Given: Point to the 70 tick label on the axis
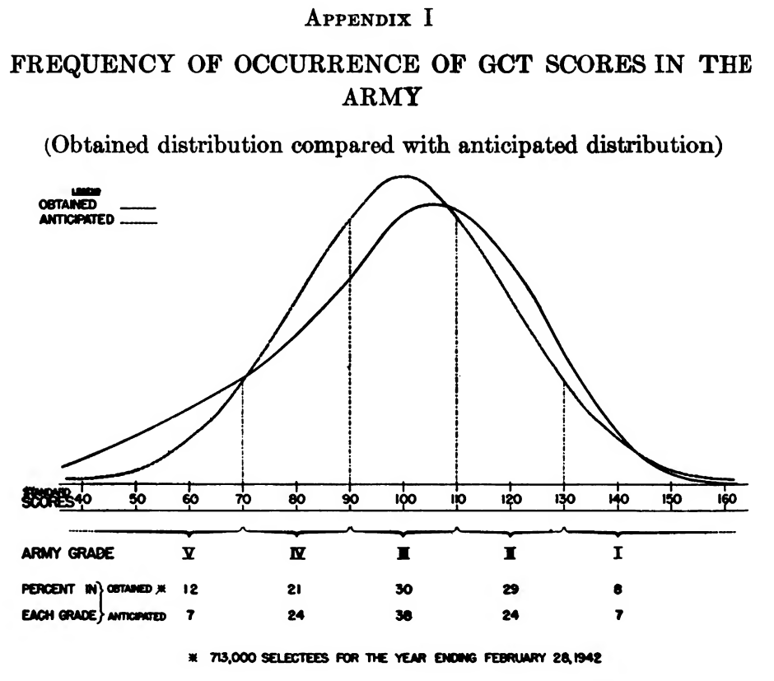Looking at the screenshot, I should coord(243,498).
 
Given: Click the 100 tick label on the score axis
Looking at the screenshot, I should coord(403,498).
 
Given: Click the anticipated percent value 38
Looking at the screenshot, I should coord(403,614).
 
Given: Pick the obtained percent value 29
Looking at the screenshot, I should coord(510,591).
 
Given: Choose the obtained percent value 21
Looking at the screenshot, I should coord(297,591).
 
